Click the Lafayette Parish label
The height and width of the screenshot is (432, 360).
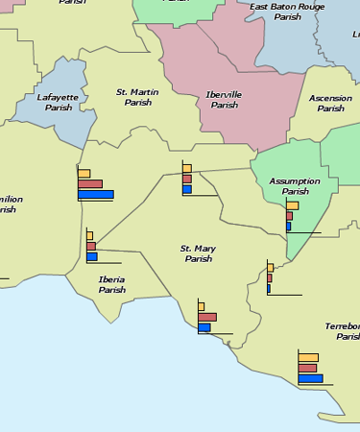55,102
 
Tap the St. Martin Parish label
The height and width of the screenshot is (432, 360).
137,97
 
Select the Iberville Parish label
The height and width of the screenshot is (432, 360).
222,99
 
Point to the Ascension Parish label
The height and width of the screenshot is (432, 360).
330,103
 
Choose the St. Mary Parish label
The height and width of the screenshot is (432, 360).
198,253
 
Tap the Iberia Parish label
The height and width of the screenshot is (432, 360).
111,284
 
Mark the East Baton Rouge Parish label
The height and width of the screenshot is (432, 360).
286,11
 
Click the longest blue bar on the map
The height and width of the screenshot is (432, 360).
95,195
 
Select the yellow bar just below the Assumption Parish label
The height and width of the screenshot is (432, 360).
292,205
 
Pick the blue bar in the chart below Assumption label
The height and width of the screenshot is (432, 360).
288,227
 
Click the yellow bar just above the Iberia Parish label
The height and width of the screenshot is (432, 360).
89,235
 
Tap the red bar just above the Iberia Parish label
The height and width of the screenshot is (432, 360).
91,246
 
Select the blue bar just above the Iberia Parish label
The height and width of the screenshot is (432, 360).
92,256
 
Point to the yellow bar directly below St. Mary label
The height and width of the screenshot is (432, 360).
202,306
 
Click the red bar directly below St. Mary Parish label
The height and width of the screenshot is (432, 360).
207,317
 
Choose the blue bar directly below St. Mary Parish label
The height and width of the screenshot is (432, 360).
204,327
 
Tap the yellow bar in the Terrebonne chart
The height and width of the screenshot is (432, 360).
308,357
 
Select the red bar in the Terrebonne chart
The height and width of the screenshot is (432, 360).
307,368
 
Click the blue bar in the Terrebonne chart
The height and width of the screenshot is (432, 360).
310,378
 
